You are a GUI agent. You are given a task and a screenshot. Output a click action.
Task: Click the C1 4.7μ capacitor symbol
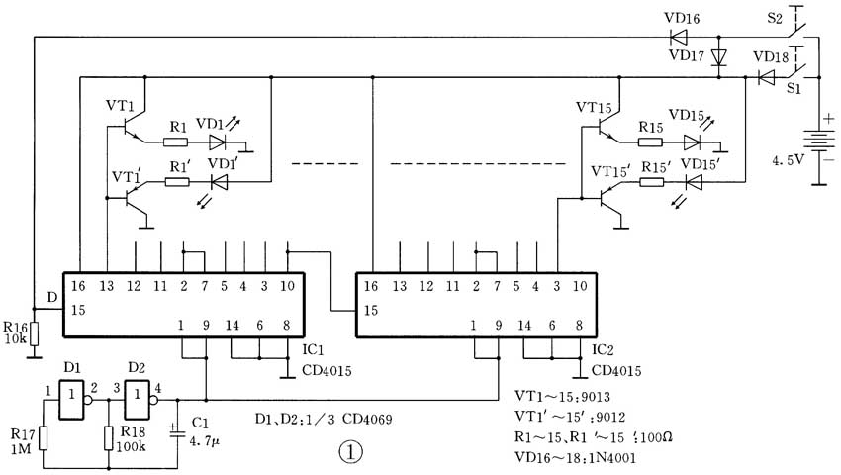click(176, 430)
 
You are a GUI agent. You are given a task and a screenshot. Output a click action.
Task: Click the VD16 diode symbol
click(679, 38)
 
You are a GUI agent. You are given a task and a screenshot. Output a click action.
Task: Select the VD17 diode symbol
click(719, 57)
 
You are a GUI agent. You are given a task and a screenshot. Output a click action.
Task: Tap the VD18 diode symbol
click(766, 76)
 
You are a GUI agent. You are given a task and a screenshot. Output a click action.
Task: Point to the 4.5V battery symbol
click(818, 146)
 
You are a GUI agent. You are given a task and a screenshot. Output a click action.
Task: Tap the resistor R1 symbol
click(178, 141)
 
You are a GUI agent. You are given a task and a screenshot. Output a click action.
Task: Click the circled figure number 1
click(350, 451)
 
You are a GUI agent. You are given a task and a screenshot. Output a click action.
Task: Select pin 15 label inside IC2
click(370, 310)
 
